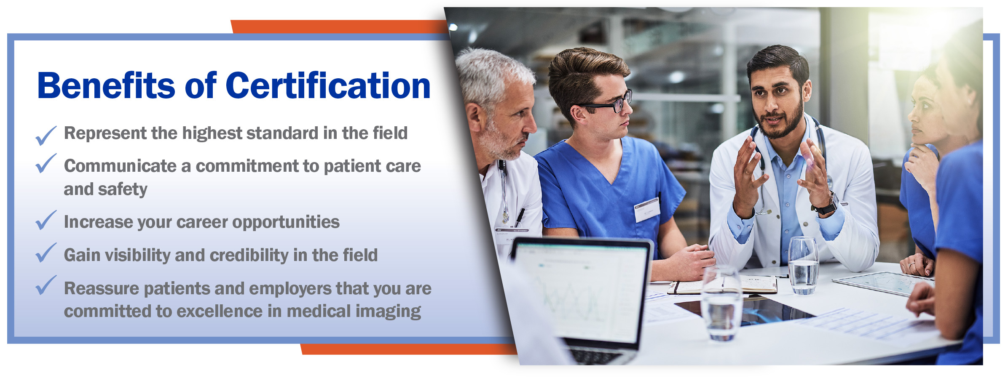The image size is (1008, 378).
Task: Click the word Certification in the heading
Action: click(328, 85)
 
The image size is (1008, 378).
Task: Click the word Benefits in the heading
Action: click(106, 85)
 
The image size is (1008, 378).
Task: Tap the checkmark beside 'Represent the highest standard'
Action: click(46, 136)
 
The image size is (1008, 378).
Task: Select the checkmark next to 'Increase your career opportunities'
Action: click(46, 220)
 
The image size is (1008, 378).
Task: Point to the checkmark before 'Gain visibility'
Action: click(46, 253)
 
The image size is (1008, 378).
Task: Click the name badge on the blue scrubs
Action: click(647, 209)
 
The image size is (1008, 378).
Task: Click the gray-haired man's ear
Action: click(474, 118)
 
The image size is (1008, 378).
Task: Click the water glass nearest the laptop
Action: click(721, 303)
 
